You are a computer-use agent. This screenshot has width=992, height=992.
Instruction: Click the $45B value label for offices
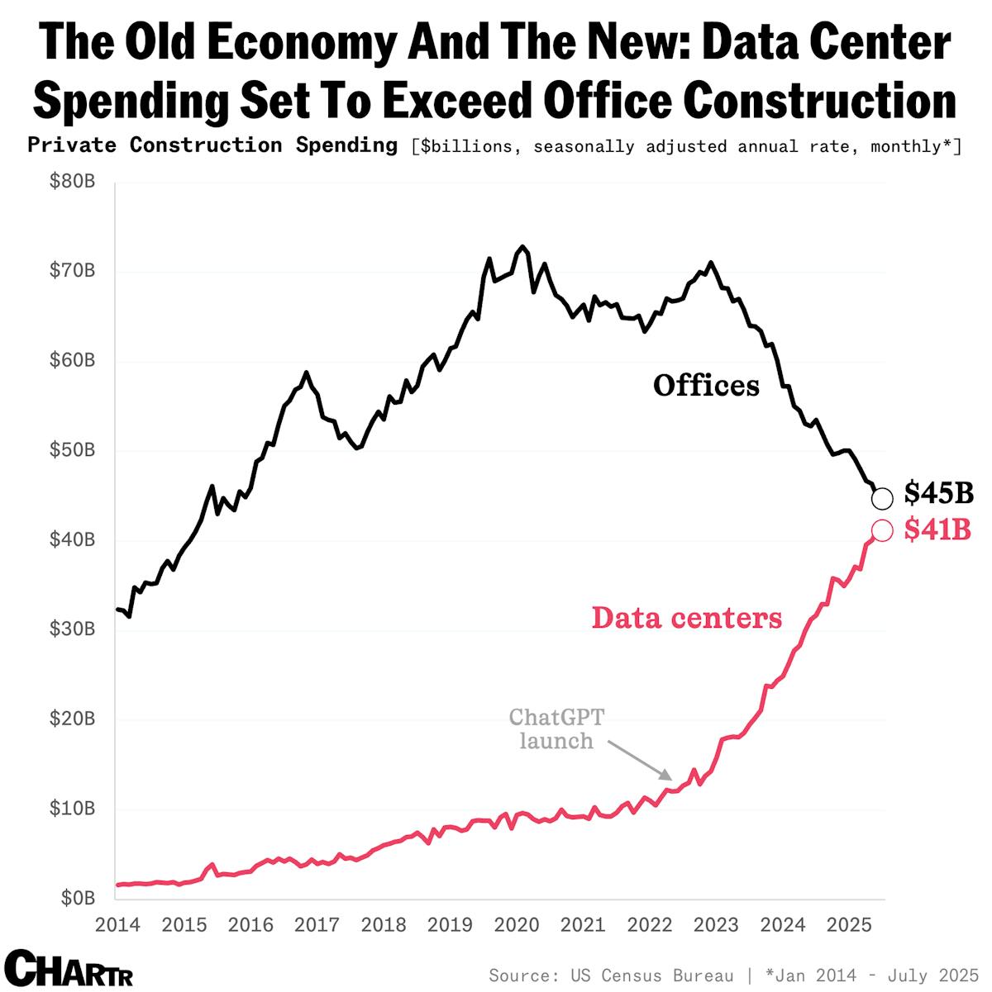click(x=938, y=493)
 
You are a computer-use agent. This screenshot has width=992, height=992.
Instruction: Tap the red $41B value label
click(x=937, y=529)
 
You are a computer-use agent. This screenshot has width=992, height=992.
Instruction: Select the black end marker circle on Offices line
click(x=882, y=498)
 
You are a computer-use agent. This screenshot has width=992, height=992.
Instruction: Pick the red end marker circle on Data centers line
click(x=881, y=530)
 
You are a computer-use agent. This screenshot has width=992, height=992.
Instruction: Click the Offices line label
click(x=705, y=386)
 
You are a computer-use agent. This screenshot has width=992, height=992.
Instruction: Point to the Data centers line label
click(x=686, y=617)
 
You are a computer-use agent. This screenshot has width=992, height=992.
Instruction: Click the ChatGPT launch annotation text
click(x=556, y=729)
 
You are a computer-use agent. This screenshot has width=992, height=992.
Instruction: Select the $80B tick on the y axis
click(x=73, y=182)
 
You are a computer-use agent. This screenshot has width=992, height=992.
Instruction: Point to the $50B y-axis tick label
click(x=73, y=450)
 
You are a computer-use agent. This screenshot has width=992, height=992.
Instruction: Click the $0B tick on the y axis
click(x=77, y=898)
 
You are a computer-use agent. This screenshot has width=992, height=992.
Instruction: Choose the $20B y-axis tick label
click(x=73, y=719)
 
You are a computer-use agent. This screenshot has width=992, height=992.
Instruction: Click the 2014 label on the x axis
click(x=117, y=924)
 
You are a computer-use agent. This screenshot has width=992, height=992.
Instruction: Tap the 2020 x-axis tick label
click(x=517, y=924)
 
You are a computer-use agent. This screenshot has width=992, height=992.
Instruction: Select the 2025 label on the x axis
click(x=849, y=924)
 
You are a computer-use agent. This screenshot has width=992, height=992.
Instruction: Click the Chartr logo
click(x=68, y=968)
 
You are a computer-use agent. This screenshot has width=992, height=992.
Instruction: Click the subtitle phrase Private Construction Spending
click(x=212, y=145)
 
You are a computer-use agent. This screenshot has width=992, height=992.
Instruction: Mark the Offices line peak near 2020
click(x=522, y=247)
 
